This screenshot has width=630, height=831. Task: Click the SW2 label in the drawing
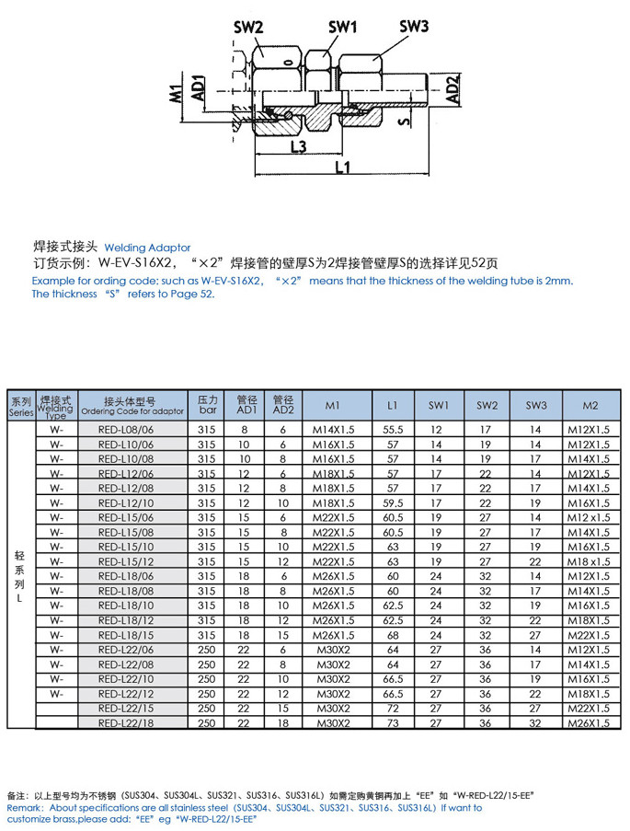click(x=248, y=28)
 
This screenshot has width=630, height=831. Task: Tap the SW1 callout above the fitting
click(x=342, y=28)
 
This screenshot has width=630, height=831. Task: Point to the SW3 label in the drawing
click(x=414, y=27)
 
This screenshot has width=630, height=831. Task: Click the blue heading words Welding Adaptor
click(x=147, y=248)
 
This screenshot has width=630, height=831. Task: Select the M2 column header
click(x=590, y=406)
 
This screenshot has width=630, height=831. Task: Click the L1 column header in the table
click(x=393, y=406)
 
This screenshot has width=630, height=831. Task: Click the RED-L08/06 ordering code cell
click(x=132, y=430)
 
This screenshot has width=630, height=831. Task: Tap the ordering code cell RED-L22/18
click(x=132, y=723)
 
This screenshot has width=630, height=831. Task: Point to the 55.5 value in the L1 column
click(x=393, y=430)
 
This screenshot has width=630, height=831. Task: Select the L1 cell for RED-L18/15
click(x=393, y=635)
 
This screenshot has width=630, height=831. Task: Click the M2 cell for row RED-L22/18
click(x=590, y=723)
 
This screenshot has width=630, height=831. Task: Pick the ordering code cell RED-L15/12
click(x=132, y=561)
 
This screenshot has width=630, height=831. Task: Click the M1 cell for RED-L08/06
click(x=334, y=430)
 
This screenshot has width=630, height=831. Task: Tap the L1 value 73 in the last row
click(x=393, y=723)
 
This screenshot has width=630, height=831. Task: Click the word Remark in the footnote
click(x=25, y=807)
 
